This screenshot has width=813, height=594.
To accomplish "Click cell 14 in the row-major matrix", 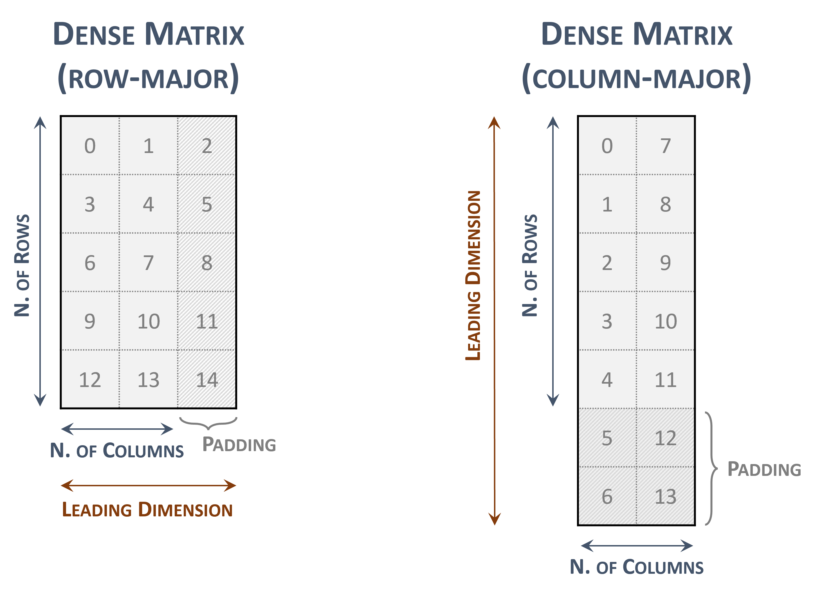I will tap(207, 380).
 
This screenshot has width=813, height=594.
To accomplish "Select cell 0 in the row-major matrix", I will tap(90, 146).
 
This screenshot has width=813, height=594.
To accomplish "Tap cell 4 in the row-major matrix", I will tap(148, 204).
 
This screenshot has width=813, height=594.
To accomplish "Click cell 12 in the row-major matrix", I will tap(90, 380).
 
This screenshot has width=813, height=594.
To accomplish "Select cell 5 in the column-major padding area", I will tap(607, 438).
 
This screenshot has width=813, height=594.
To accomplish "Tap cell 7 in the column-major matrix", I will tap(666, 146).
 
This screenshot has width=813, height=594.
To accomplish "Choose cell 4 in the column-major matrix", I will tap(607, 380).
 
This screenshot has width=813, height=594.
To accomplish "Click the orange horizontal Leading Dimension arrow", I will tap(148, 485).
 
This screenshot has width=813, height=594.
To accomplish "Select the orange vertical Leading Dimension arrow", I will tap(495, 320).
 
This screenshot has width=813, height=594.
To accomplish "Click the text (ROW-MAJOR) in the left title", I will tap(148, 79).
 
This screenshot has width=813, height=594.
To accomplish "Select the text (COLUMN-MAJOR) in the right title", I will tap(636, 79).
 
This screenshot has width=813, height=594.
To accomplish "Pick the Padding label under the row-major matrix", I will tap(239, 445).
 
